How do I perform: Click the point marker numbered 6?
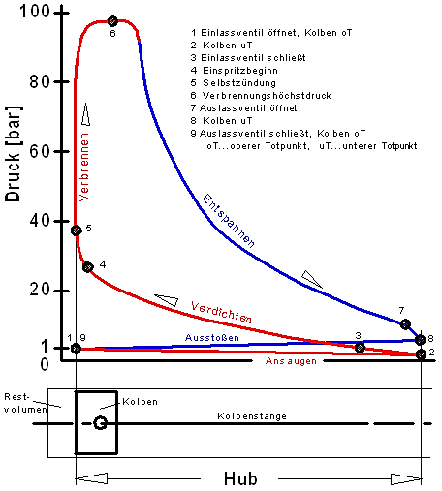pos(112,21)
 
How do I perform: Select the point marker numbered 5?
pos(77,230)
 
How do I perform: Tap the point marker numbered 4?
pos(87,267)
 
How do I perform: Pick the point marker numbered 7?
pos(405,324)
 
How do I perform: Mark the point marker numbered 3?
pos(360,348)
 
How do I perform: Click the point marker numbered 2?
pos(421,354)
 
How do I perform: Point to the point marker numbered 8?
pos(421,340)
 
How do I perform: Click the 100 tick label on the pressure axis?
pos(35,12)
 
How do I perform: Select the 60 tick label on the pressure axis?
pos(40,151)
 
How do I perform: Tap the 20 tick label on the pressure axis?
pos(40,290)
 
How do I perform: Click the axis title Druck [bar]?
pos(14,154)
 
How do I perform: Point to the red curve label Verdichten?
pos(221,312)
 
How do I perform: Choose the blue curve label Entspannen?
pos(229,221)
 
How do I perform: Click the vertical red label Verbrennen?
pos(84,168)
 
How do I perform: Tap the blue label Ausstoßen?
pos(212,338)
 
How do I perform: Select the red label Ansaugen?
pos(291,361)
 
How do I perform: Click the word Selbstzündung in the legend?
pos(239,83)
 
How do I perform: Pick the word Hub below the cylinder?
pos(240,478)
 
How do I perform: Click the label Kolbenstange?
pos(252,415)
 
